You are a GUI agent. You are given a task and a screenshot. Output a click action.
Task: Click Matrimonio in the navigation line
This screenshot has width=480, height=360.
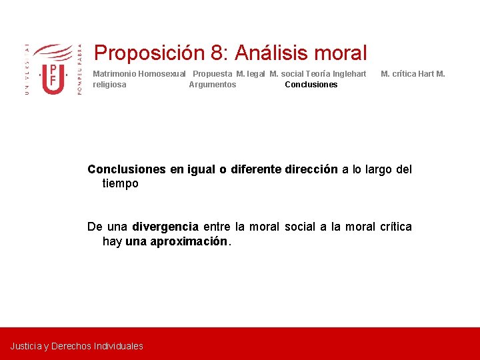click(114, 74)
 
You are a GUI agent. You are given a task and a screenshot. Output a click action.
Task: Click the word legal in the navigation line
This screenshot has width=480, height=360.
click(256, 74)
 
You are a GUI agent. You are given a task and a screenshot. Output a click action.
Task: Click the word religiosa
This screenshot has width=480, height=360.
click(109, 85)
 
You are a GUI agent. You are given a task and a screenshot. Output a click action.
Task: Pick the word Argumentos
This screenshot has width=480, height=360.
click(212, 85)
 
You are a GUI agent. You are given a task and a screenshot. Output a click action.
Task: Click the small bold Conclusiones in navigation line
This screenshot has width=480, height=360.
click(311, 85)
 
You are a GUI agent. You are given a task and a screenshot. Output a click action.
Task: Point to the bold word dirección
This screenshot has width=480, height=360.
click(311, 169)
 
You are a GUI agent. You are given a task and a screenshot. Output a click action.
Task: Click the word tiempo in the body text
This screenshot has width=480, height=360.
click(121, 183)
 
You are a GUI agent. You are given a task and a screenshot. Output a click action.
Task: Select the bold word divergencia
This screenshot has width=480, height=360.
click(165, 227)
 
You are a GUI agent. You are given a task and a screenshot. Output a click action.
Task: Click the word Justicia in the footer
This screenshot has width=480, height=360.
click(25, 346)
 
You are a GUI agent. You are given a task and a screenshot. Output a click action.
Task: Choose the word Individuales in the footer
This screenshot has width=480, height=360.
click(119, 346)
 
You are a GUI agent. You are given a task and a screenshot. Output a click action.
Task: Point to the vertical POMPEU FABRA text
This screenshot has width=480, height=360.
click(80, 70)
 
